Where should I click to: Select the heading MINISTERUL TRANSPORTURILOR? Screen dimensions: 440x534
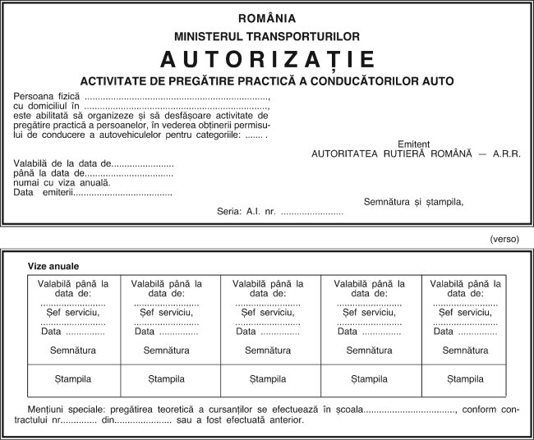pos(267,36)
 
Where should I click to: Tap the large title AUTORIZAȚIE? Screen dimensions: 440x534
pos(267,59)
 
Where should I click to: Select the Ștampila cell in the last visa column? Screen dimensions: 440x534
pos(465,379)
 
